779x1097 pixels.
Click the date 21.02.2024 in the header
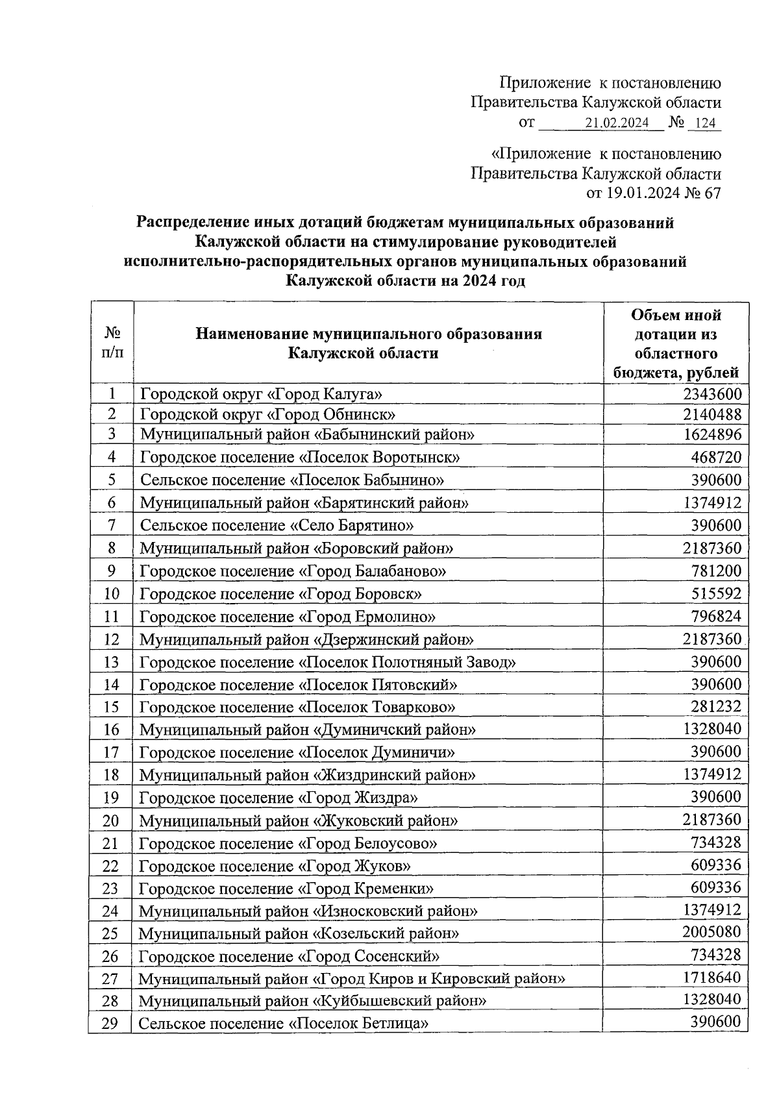click(617, 123)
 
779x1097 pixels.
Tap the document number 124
click(704, 123)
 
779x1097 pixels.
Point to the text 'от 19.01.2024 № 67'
click(654, 193)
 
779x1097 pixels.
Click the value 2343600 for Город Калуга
click(711, 394)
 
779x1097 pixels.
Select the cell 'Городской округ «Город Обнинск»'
click(268, 414)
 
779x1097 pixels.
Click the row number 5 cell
click(112, 480)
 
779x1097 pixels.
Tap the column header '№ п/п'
click(112, 343)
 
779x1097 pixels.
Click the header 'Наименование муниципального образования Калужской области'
click(368, 343)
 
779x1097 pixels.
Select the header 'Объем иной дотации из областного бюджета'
click(676, 343)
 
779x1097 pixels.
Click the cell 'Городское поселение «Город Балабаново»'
click(293, 571)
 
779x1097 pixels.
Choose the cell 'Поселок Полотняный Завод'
click(328, 662)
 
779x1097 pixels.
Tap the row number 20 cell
click(111, 820)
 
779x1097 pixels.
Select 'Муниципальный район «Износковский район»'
click(308, 911)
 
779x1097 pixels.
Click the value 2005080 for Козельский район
click(711, 932)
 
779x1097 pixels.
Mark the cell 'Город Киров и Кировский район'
click(352, 978)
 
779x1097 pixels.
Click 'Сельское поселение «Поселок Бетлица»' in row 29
click(284, 1024)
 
